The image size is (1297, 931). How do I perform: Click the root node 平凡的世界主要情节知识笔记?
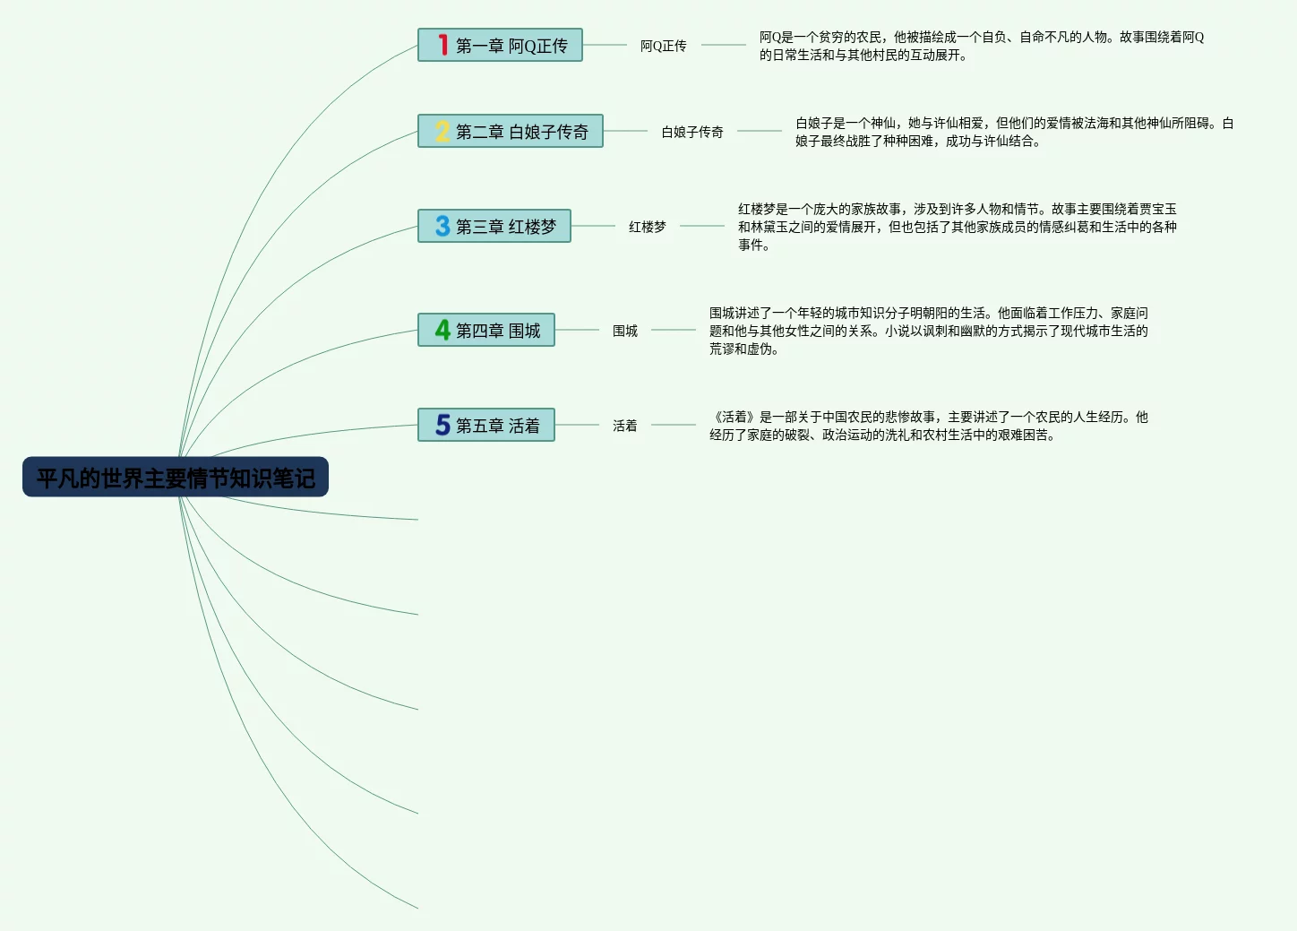coord(176,477)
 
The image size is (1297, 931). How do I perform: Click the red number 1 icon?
coord(442,45)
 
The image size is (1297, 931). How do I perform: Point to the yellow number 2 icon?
coord(442,132)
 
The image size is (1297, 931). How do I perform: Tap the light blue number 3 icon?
coord(442,227)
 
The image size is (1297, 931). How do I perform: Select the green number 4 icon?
coord(442,331)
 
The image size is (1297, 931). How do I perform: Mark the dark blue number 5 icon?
coord(442,426)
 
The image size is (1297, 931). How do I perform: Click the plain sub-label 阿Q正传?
coord(663,46)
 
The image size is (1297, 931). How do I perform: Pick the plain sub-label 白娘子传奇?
coord(692,132)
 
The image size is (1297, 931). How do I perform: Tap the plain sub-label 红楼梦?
coord(648,227)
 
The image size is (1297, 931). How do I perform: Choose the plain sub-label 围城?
coord(625,331)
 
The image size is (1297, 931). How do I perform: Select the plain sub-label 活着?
coord(625,426)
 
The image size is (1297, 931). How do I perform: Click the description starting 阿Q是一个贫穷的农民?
coord(981,46)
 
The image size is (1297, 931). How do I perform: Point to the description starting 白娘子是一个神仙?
coord(1014,132)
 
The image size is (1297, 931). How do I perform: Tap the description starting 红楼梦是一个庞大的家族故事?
coord(957,227)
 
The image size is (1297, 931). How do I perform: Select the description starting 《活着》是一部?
coord(928,426)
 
